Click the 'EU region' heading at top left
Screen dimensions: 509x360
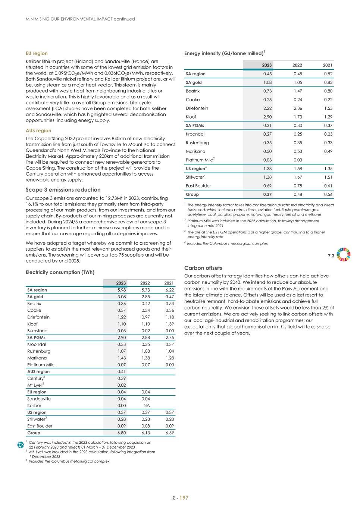[37, 53]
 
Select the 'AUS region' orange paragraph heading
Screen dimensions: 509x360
[38, 131]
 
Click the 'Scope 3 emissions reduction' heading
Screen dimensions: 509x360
[63, 190]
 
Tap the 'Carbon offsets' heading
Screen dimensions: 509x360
[203, 268]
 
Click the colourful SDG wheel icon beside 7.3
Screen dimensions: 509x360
[343, 254]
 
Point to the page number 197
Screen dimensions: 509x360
[184, 498]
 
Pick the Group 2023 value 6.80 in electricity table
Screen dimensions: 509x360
[121, 433]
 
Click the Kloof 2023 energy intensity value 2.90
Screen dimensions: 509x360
[267, 117]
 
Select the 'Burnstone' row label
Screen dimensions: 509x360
[37, 331]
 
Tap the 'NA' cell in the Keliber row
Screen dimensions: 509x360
[147, 406]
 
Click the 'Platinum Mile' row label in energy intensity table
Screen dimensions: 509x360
[200, 160]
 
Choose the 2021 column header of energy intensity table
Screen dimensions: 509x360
[327, 65]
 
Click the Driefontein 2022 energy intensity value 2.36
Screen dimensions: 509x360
[297, 108]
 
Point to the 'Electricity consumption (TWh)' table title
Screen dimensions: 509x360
[60, 272]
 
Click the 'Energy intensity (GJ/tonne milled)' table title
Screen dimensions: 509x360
[224, 53]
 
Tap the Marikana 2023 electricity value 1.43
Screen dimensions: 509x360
[121, 358]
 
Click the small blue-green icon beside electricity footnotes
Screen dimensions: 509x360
[21, 445]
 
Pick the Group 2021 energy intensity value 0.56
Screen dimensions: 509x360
[328, 194]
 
